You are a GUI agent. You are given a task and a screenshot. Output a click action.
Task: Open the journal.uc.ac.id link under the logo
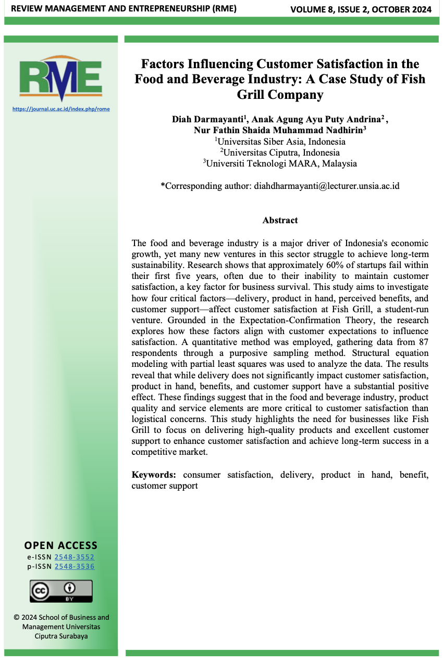pyautogui.click(x=61, y=109)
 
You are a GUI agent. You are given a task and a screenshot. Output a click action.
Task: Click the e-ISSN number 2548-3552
pyautogui.click(x=75, y=557)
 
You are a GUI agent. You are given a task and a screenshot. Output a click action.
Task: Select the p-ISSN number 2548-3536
pyautogui.click(x=75, y=566)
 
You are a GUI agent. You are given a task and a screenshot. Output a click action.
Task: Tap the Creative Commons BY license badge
pyautogui.click(x=61, y=591)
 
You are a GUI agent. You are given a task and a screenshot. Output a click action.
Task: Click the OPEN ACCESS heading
pyautogui.click(x=61, y=545)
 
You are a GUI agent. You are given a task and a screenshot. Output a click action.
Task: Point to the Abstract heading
pyautogui.click(x=280, y=220)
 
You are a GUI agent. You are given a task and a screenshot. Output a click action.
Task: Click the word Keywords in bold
pyautogui.click(x=153, y=475)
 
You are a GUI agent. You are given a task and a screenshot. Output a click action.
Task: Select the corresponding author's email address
pyautogui.click(x=327, y=186)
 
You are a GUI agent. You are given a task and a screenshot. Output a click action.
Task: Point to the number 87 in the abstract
pyautogui.click(x=424, y=341)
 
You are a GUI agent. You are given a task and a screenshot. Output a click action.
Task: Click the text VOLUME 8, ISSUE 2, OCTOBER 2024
pyautogui.click(x=361, y=9)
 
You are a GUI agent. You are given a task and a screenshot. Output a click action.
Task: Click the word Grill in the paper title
pyautogui.click(x=254, y=95)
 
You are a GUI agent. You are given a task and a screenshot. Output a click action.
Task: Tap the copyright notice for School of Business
pyautogui.click(x=61, y=627)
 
